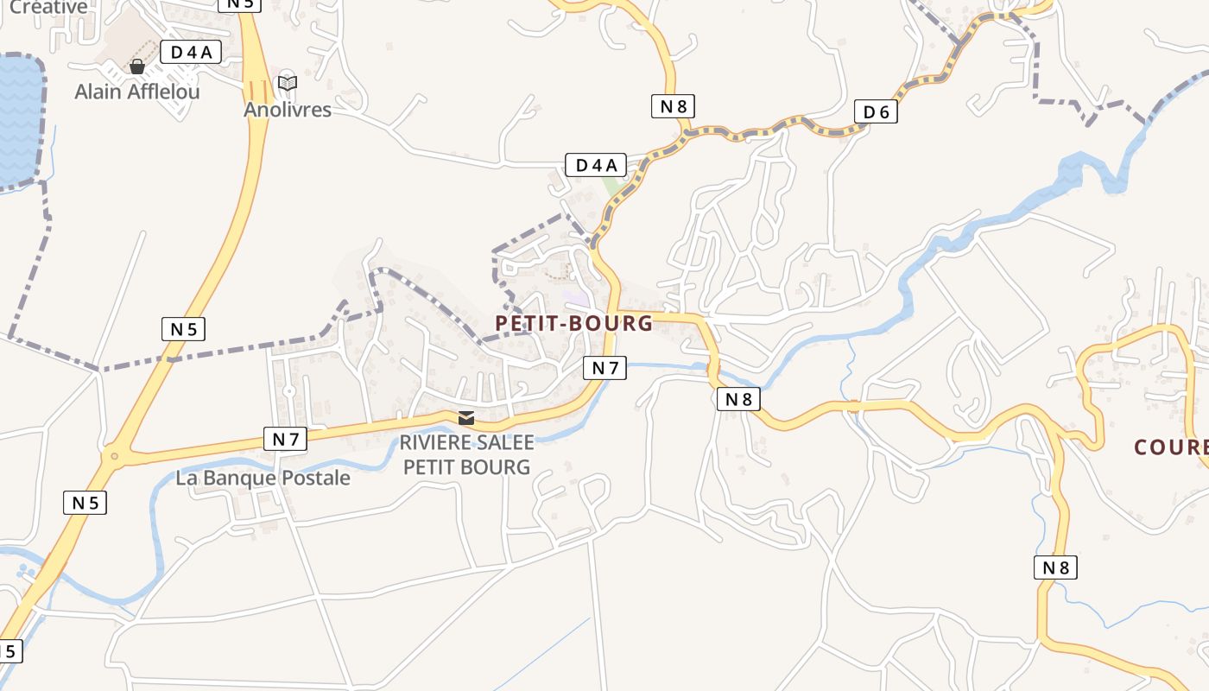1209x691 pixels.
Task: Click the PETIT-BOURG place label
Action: (x=573, y=323)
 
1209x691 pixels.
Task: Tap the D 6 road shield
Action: (x=876, y=111)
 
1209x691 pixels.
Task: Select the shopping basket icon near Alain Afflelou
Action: (x=136, y=67)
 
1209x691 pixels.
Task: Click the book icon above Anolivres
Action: (x=287, y=84)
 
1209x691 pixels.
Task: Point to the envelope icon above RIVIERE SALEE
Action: (x=466, y=418)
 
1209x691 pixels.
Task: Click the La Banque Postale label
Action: (x=263, y=478)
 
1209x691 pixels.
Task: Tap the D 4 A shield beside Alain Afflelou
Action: (x=191, y=53)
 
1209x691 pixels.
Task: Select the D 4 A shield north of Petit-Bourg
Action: (x=596, y=165)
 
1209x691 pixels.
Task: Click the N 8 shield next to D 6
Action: (x=673, y=106)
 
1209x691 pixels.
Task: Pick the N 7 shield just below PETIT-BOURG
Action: (x=604, y=368)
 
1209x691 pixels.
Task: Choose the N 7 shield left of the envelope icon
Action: (x=286, y=439)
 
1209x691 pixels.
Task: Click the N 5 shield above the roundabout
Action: (x=183, y=328)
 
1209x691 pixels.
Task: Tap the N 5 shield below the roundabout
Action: (x=85, y=502)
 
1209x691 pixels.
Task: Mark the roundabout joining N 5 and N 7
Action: (x=112, y=454)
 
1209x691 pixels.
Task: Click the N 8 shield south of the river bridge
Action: (x=738, y=398)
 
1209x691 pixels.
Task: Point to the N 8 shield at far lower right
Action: (x=1055, y=567)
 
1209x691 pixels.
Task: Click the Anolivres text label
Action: (x=287, y=110)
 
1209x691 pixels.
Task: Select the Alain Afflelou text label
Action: (x=136, y=91)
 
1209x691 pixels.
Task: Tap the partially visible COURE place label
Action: (x=1171, y=447)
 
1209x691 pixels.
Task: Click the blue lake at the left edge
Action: (x=19, y=121)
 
